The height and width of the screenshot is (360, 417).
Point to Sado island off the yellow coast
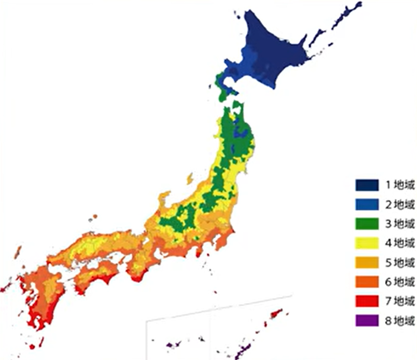[x=190, y=178]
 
